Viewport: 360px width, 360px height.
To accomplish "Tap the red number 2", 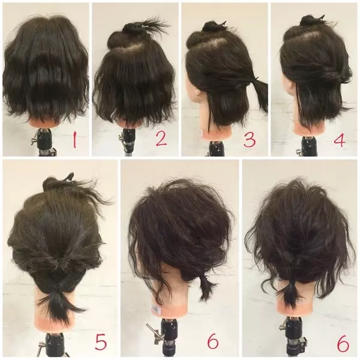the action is point(161,139).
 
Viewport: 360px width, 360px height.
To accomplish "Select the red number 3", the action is point(250,140).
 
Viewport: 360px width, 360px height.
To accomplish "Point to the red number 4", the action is point(340,140).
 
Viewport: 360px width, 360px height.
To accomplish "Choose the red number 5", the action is point(101,343).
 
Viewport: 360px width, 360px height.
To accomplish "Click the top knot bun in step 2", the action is point(130,28).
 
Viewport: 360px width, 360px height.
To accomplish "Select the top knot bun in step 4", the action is point(308,20).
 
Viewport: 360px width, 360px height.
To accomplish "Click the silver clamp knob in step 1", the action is point(34,141).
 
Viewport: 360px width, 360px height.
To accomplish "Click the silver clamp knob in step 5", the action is point(41,346).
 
